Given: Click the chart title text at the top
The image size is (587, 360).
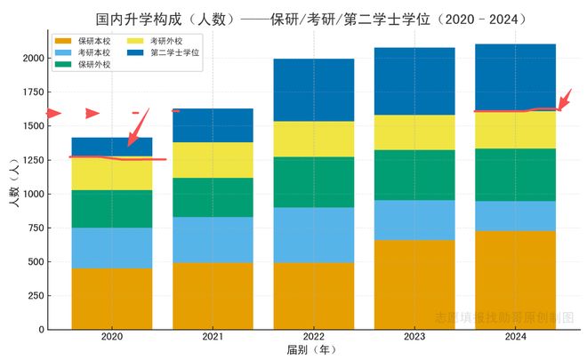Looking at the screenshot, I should point(311,19).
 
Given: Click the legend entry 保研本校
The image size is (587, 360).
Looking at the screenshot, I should point(92,41).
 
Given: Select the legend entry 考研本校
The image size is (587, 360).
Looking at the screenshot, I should point(92,52).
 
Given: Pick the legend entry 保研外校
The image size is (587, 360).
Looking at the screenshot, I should point(92,64).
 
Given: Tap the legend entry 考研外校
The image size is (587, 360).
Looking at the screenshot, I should point(166,41).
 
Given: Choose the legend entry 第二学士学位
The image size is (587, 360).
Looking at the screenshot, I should point(174,52).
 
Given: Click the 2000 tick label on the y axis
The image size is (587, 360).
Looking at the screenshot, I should point(32,59).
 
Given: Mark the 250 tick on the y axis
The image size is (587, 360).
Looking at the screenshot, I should point(36,296).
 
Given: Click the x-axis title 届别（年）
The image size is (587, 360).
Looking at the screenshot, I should point(312,351).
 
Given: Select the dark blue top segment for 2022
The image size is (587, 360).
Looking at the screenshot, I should point(314,90).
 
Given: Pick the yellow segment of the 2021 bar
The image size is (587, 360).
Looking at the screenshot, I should point(213,160).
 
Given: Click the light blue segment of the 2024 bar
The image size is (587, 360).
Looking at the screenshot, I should point(516,216).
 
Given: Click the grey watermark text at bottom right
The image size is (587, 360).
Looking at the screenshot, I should point(504,317).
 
